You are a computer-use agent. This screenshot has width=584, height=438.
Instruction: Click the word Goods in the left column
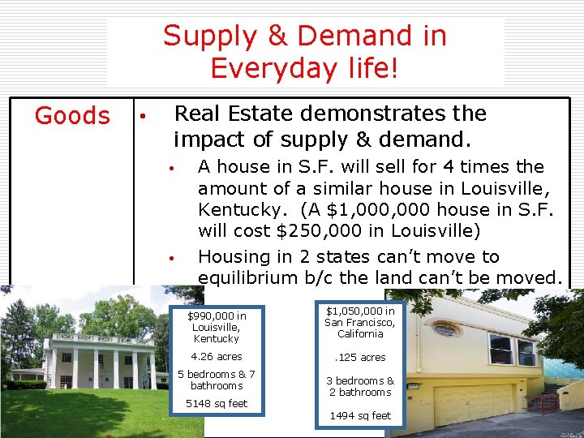click(72, 116)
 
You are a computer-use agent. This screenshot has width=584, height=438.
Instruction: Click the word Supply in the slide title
click(208, 36)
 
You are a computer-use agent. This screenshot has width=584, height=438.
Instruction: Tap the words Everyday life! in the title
click(304, 68)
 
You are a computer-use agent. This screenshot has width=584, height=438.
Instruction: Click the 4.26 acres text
click(217, 357)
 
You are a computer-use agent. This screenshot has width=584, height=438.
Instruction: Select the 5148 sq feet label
click(217, 403)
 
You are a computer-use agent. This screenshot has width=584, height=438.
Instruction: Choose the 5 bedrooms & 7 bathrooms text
click(217, 380)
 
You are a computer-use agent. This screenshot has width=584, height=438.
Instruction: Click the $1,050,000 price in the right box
click(360, 311)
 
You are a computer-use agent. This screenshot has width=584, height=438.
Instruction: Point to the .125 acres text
click(360, 357)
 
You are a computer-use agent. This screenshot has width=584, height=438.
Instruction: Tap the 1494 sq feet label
click(360, 415)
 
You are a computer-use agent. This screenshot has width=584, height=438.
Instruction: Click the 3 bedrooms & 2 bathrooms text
click(360, 386)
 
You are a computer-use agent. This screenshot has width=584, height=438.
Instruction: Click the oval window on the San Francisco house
click(445, 329)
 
